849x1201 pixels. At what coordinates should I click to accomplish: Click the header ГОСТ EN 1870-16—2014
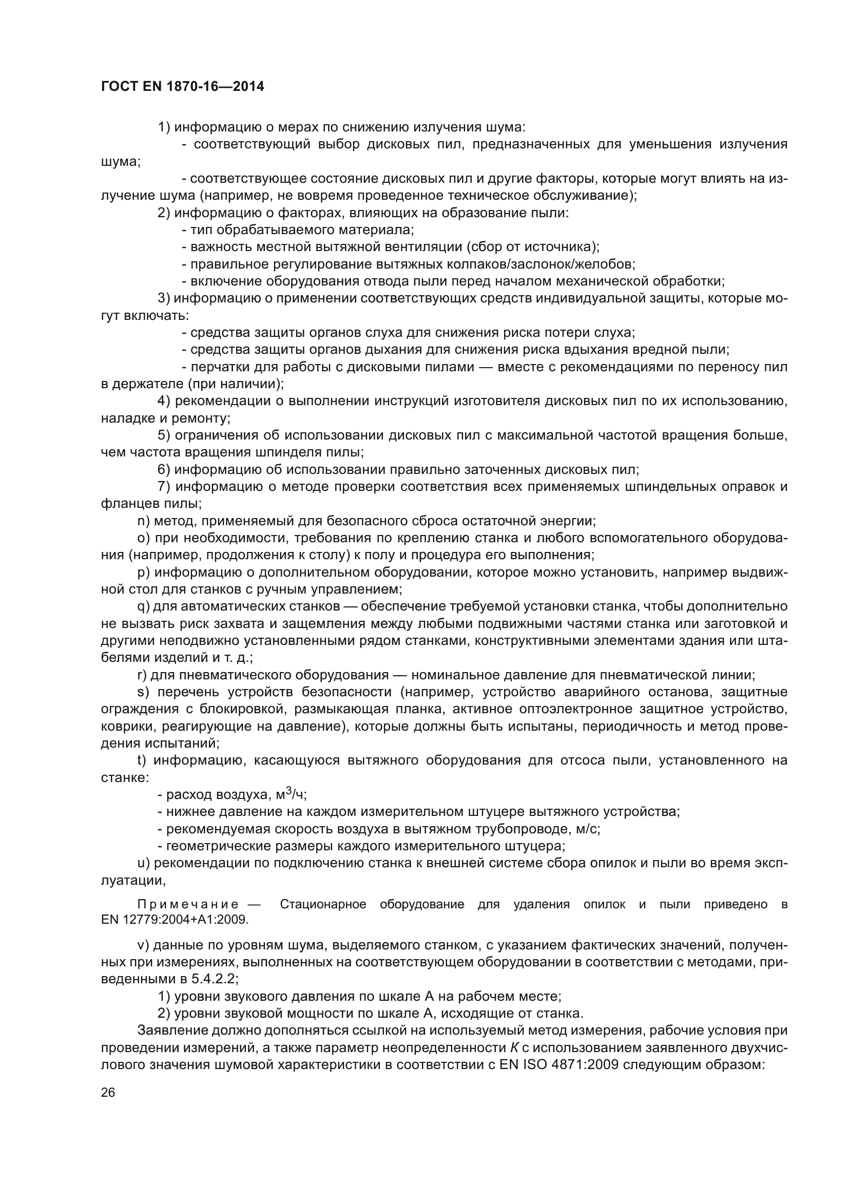pos(182,86)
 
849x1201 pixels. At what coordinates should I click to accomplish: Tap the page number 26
pos(108,1092)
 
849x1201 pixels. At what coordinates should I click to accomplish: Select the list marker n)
pos(143,521)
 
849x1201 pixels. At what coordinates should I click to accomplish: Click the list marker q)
pos(143,606)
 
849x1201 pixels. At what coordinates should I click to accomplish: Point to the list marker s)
pos(143,692)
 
